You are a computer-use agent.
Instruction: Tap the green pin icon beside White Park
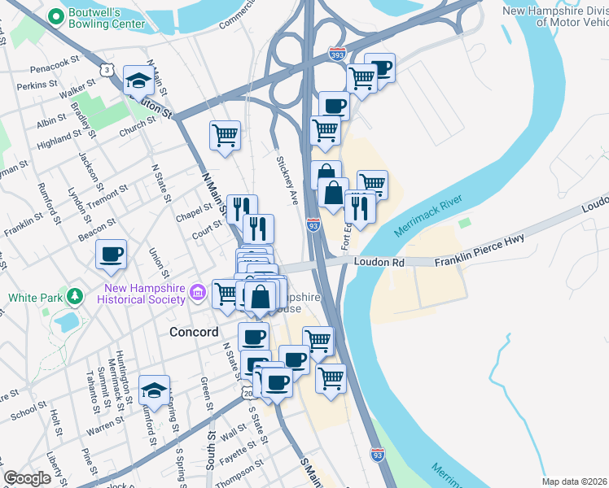point(76,294)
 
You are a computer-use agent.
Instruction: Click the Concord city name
point(194,332)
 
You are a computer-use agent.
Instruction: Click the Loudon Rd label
point(379,263)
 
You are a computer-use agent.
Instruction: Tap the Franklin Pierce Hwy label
point(478,249)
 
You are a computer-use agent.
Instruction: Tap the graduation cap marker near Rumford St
point(153,391)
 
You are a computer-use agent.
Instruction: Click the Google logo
point(27,478)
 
